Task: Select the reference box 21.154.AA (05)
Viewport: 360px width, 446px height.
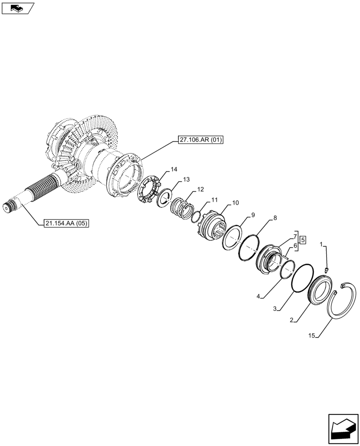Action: [x=67, y=223]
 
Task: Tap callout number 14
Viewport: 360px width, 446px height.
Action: [x=174, y=169]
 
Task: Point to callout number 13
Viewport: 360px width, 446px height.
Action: [x=185, y=179]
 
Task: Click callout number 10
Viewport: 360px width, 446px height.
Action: [x=235, y=203]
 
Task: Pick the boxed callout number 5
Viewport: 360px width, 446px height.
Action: [x=303, y=240]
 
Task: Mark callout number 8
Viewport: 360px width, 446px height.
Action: [x=275, y=218]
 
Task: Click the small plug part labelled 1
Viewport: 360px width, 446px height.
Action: [x=327, y=269]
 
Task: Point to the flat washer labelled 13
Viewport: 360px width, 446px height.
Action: [x=165, y=197]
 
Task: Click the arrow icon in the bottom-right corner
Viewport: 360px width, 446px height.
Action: [x=343, y=430]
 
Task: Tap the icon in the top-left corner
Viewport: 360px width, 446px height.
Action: [x=17, y=8]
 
